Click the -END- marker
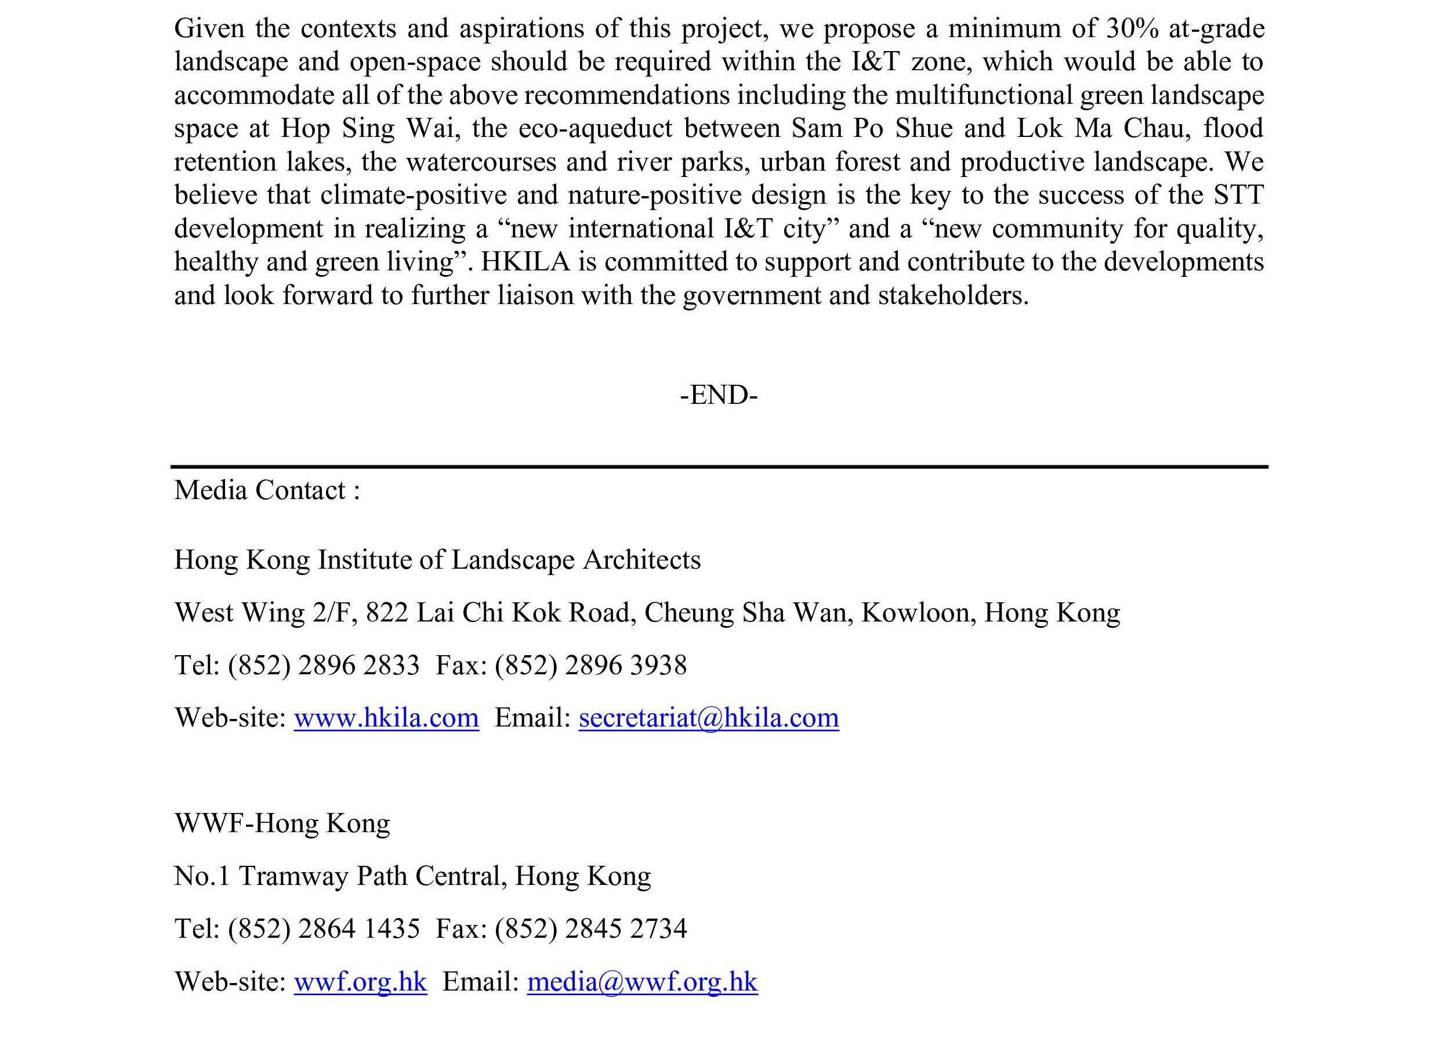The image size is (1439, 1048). coord(719,395)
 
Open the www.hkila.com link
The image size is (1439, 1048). coord(386,718)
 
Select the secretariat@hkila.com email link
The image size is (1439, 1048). coord(708,718)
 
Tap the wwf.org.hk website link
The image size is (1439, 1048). coord(360,981)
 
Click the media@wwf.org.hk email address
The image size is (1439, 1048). coord(642,981)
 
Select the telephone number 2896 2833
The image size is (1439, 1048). coord(358,665)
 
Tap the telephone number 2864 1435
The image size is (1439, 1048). coord(358,928)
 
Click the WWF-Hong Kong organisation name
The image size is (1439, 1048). coord(282,823)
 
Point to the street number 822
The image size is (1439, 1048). coord(386,613)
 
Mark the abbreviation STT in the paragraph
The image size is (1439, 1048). coord(1238,195)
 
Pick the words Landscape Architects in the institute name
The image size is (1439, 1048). coord(575,560)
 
